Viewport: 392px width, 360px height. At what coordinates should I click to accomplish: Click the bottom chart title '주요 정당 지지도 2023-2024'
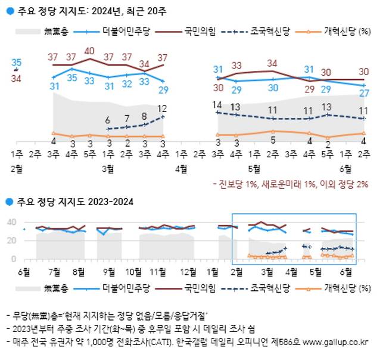coord(74,203)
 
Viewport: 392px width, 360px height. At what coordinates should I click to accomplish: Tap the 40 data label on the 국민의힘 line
coord(90,51)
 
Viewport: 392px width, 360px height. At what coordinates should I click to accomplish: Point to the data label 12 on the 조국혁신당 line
coord(162,108)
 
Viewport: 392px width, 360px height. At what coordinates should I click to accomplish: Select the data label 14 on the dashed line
coord(217,105)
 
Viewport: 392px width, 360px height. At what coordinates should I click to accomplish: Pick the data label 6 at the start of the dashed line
coord(108,120)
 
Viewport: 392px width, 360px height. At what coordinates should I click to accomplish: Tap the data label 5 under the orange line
coord(272,141)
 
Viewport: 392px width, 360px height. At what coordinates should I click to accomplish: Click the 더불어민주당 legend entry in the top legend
coord(120,29)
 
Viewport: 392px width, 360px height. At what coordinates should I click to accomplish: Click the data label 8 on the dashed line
coord(144,117)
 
